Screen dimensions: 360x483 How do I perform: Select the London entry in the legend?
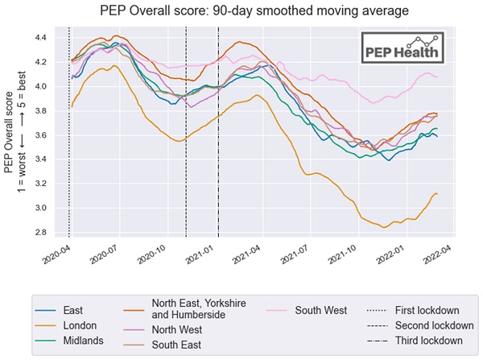coord(79,325)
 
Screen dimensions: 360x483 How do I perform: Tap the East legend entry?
coord(74,310)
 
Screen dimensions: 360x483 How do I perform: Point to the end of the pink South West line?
coord(437,77)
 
